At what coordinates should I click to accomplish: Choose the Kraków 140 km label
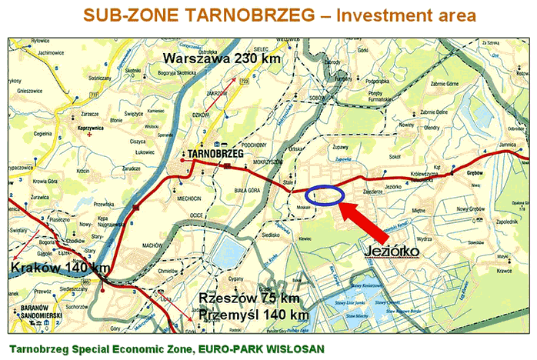tap(59, 267)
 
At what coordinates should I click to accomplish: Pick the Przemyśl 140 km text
tap(253, 315)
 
